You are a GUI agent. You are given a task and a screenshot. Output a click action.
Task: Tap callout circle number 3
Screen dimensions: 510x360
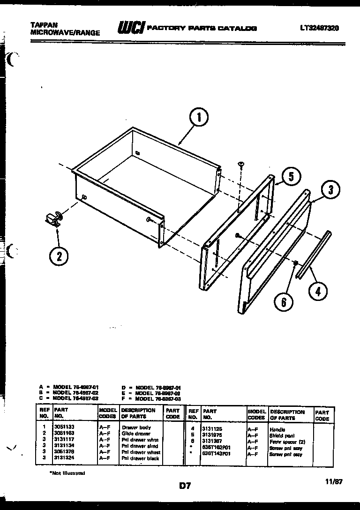click(330, 190)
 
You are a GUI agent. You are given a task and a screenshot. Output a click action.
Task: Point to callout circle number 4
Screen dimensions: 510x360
click(318, 291)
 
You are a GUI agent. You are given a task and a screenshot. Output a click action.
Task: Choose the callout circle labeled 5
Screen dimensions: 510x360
click(291, 177)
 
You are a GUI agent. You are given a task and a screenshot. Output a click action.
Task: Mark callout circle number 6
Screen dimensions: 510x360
click(284, 302)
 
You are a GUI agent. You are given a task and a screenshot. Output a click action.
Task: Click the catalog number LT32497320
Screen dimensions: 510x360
click(320, 28)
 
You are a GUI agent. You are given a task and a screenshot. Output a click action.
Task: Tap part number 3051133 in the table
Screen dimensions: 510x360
click(65, 427)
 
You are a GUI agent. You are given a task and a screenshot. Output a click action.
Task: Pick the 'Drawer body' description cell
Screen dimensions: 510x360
click(136, 427)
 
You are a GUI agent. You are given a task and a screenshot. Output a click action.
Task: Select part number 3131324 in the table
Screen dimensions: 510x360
click(65, 458)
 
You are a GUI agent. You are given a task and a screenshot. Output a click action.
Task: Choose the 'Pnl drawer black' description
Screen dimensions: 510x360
click(141, 458)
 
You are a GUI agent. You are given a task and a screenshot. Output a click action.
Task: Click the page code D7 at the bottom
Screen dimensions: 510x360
click(185, 486)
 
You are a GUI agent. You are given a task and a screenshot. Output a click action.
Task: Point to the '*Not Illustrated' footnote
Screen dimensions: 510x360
click(67, 473)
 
